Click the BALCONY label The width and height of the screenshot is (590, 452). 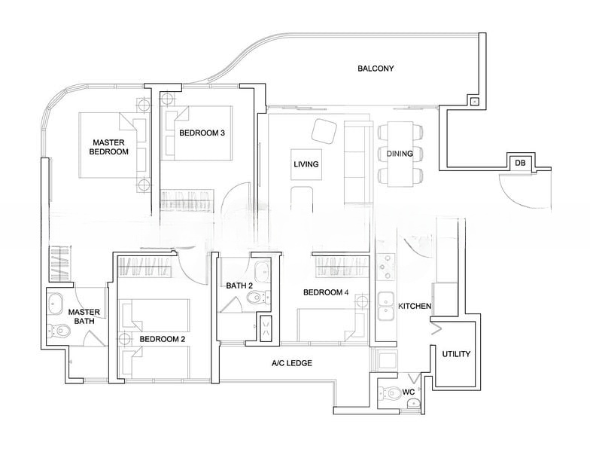pyautogui.click(x=376, y=68)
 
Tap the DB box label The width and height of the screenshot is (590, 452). pyautogui.click(x=520, y=163)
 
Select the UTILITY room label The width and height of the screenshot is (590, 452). pyautogui.click(x=456, y=354)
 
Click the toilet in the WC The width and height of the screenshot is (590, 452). pyautogui.click(x=391, y=393)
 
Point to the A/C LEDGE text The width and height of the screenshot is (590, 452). pyautogui.click(x=292, y=363)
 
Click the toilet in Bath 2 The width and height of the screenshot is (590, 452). pyautogui.click(x=259, y=298)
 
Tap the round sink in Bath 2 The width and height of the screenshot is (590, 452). pyautogui.click(x=262, y=270)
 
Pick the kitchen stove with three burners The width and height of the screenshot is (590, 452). pyautogui.click(x=387, y=267)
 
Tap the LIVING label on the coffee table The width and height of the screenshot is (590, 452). pyautogui.click(x=306, y=164)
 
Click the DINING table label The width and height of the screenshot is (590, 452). pyautogui.click(x=400, y=154)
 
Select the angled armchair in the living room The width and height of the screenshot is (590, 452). pyautogui.click(x=324, y=131)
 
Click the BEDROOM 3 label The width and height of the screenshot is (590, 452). pyautogui.click(x=202, y=133)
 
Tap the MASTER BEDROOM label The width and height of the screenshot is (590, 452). pyautogui.click(x=108, y=147)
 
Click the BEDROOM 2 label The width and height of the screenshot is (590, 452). pyautogui.click(x=163, y=339)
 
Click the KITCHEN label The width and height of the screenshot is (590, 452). pyautogui.click(x=415, y=306)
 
